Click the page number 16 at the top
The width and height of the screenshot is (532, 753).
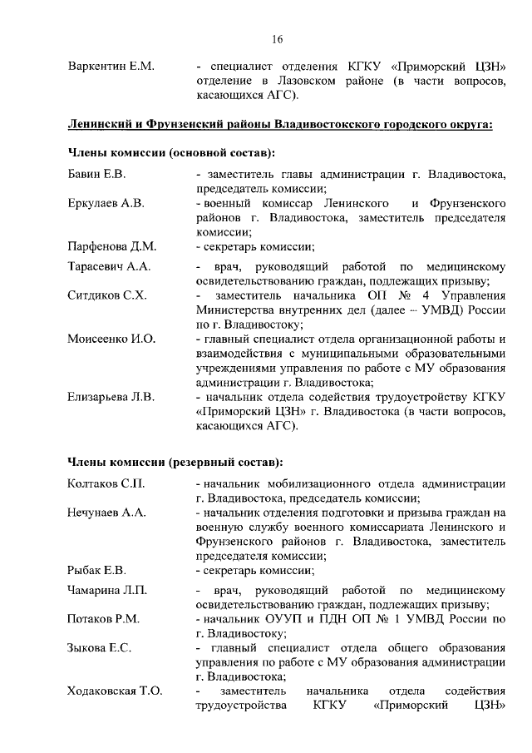(277, 38)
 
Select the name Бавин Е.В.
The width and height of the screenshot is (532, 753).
(97, 176)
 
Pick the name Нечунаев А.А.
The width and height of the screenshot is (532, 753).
(106, 513)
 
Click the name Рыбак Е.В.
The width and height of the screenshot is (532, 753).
(96, 571)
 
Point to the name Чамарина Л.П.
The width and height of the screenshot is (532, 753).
(107, 592)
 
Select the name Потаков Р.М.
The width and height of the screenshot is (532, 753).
(103, 620)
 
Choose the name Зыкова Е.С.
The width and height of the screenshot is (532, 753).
(99, 649)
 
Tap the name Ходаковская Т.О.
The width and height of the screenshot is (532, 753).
(115, 692)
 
